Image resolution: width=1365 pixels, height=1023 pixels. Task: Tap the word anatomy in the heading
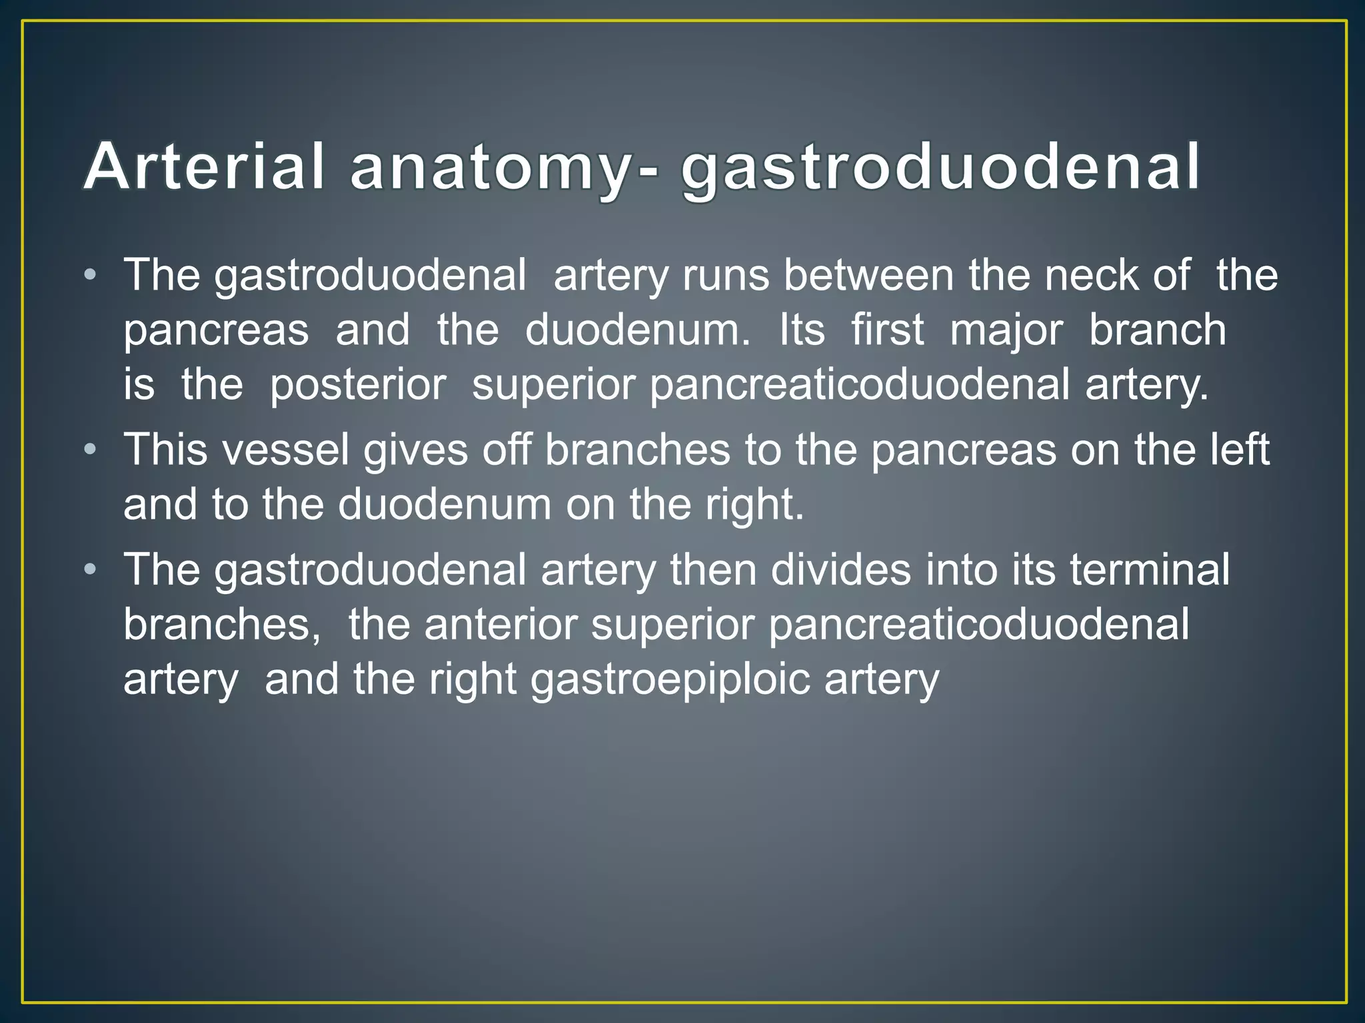tap(489, 168)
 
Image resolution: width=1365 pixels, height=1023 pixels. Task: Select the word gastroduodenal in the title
tap(940, 168)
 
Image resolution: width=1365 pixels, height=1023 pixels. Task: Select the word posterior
tap(358, 386)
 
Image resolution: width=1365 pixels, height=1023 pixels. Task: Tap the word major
tap(1006, 331)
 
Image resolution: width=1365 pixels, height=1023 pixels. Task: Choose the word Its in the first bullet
tap(802, 330)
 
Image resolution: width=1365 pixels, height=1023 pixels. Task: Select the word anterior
tap(501, 625)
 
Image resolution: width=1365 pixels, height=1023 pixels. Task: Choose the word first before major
tap(887, 330)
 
